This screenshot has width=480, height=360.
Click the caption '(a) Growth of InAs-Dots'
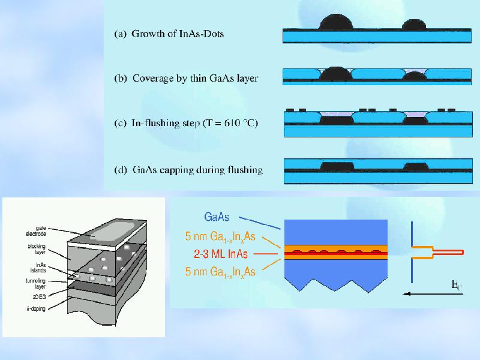169,34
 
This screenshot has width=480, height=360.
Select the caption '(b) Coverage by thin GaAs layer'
186,78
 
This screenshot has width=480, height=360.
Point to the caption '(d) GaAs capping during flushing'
188,170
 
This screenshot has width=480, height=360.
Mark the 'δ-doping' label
37,308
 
